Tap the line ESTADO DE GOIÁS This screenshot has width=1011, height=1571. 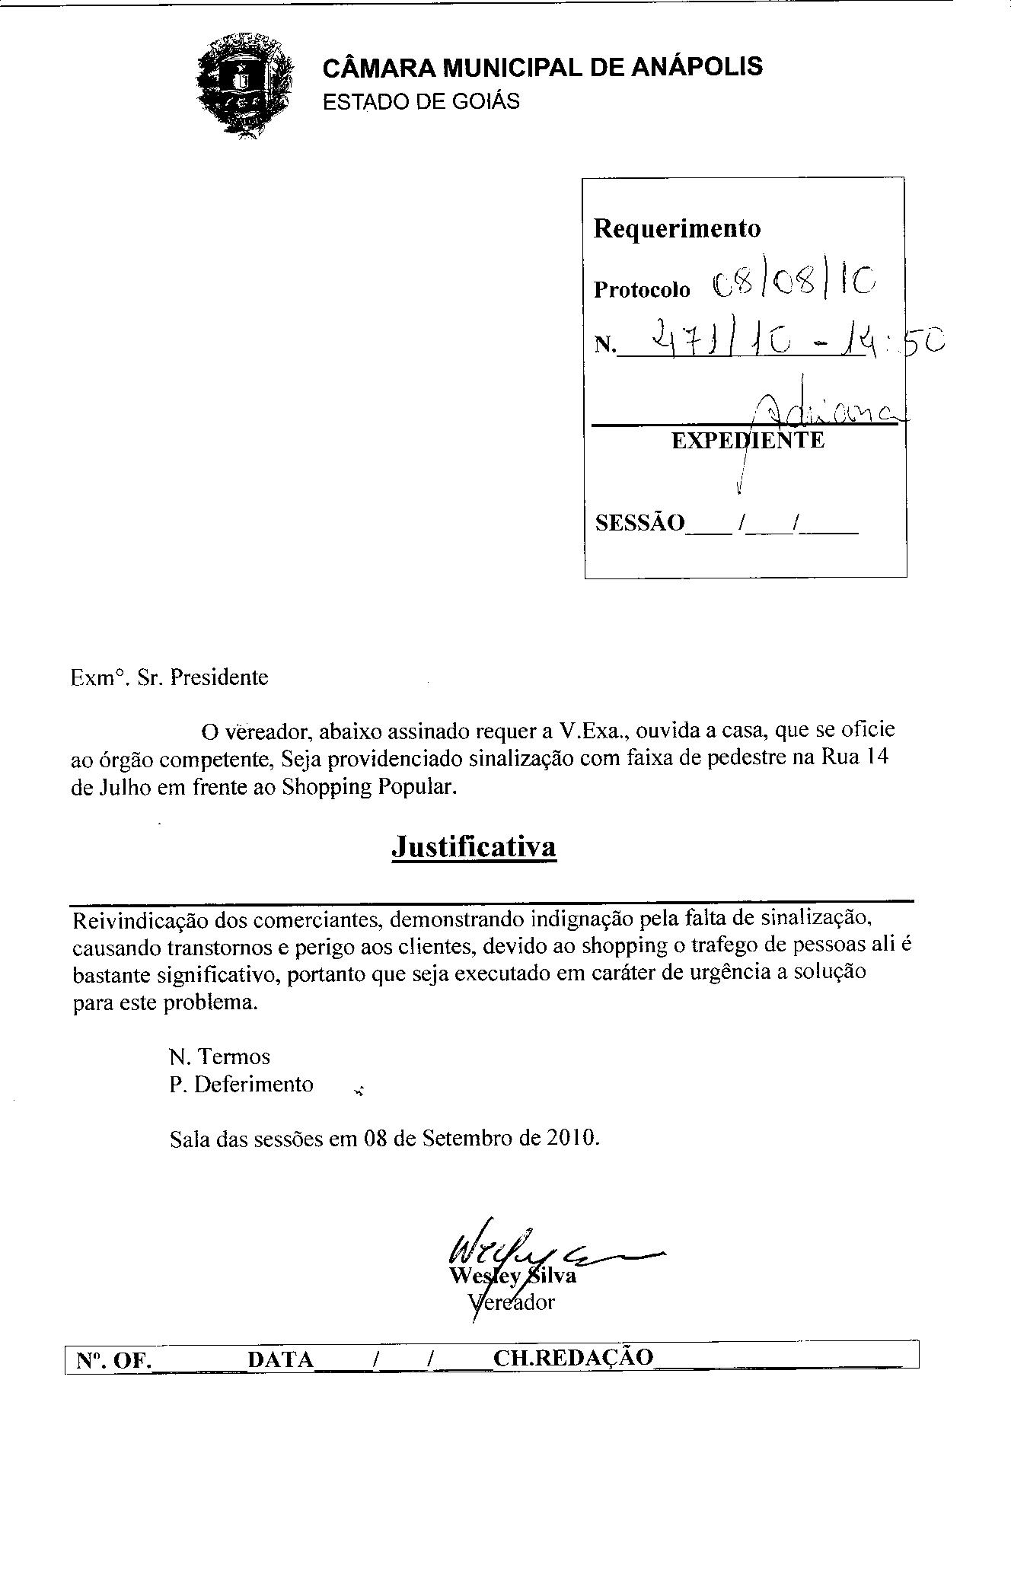coord(421,101)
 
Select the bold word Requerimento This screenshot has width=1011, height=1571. coord(677,228)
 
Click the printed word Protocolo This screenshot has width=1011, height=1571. coord(642,290)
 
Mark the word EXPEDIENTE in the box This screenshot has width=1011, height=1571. coord(747,441)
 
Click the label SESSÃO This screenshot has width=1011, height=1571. coord(639,523)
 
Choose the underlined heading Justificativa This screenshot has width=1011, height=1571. coord(474,846)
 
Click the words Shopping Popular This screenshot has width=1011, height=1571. coord(368,786)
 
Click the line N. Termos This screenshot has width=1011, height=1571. coord(219,1056)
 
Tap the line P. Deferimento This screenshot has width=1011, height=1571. coord(241,1084)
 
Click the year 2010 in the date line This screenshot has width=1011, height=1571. coord(570,1138)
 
